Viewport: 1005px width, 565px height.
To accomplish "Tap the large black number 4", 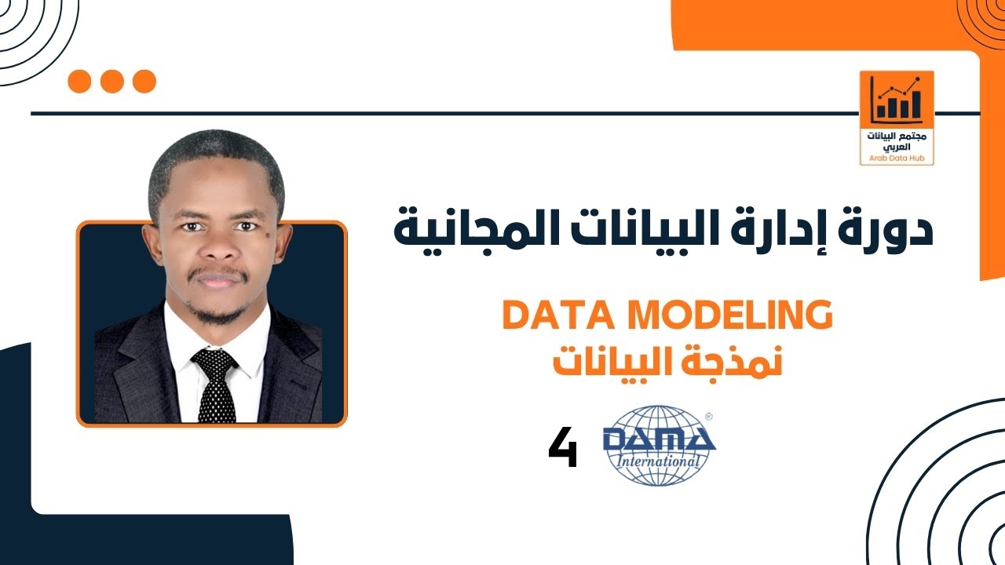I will point(563,449).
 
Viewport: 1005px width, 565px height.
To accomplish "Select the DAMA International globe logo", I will point(659,445).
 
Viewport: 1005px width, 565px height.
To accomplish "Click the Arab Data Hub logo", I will point(897,118).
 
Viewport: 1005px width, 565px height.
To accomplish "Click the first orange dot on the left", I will point(80,81).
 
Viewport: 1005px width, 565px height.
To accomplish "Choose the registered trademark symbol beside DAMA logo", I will point(708,417).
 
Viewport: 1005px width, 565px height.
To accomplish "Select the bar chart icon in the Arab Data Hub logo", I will point(897,100).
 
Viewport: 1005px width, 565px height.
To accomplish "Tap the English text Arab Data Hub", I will point(897,158).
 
